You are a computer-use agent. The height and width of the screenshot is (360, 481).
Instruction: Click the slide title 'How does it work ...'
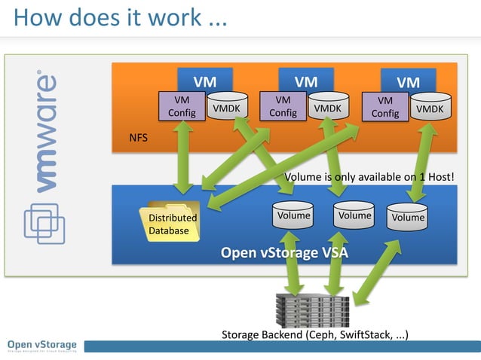tap(121, 18)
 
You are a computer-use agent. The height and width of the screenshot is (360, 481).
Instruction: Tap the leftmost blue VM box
tap(204, 81)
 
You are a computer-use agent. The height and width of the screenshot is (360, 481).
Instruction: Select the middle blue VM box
tap(305, 81)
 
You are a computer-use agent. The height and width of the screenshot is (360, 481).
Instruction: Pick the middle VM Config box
tap(283, 106)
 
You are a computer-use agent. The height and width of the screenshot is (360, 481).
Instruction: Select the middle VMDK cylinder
tap(327, 108)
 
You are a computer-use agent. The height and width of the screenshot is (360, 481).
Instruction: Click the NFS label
tap(138, 139)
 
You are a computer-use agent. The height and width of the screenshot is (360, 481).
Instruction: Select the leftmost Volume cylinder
tap(293, 217)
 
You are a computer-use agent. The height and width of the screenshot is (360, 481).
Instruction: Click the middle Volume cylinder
tap(354, 217)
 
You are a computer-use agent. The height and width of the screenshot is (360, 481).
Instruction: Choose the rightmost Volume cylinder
tap(407, 218)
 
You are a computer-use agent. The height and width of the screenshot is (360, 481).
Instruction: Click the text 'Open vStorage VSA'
tap(283, 252)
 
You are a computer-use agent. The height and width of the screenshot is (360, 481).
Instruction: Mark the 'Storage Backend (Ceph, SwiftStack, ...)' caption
tap(315, 334)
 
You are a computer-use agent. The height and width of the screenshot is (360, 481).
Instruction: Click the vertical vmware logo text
tap(44, 133)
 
